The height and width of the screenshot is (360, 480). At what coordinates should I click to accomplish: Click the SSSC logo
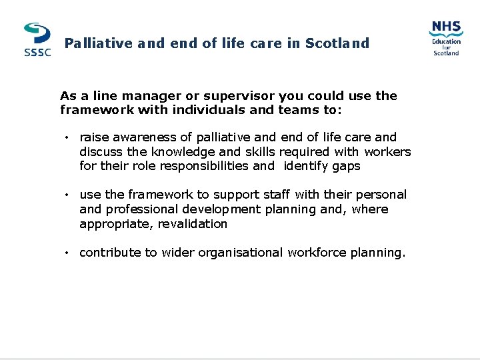pos(37,40)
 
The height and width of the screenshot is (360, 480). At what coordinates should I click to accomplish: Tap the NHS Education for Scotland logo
pos(446,38)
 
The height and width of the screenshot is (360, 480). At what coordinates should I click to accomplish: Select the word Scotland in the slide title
pos(337,43)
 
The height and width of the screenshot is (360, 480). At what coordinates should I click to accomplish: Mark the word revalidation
pos(187,224)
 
